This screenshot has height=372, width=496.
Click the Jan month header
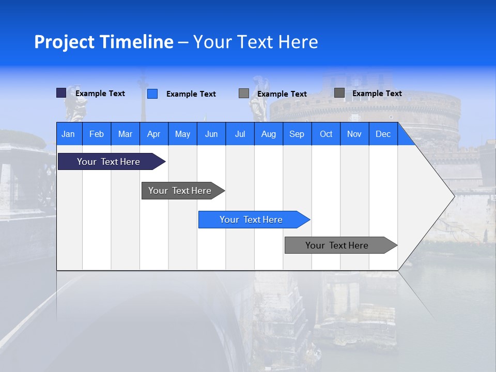(69, 134)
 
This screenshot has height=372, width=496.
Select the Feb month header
(97, 134)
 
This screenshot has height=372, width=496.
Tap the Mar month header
(125, 134)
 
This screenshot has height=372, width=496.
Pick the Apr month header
(154, 134)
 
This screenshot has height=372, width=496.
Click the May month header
(182, 134)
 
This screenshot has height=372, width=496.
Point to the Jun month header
(211, 134)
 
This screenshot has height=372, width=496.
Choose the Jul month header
(240, 134)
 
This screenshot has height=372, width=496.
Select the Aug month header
(269, 134)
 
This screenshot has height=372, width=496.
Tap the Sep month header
(297, 134)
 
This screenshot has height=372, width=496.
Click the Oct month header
(326, 134)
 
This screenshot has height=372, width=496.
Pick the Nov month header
(354, 134)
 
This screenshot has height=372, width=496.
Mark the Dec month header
(383, 134)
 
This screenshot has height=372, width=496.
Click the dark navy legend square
(61, 93)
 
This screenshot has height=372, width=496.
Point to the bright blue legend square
(152, 94)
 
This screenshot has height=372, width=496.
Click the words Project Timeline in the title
(104, 42)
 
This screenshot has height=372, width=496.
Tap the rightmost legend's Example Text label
(377, 94)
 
